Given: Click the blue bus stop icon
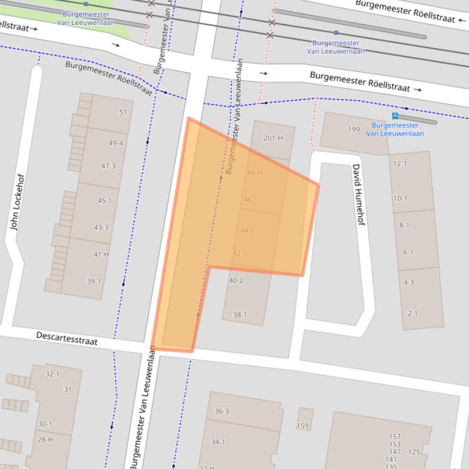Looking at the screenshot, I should pos(395,116).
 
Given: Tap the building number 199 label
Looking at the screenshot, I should pos(354,129).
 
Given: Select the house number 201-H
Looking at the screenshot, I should pos(273,138).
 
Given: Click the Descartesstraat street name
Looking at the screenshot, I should pos(66,338).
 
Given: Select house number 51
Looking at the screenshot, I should pos(123,112).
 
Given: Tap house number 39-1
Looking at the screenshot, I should pos(93,281).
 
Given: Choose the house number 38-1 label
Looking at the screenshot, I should pos(240,315).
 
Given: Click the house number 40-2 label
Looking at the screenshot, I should pos(236,280).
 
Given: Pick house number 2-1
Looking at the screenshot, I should pos(413,313).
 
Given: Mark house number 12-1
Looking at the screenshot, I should pos(400,163).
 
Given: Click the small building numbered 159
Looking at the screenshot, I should pos(303,426).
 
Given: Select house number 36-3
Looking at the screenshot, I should pos(221,411).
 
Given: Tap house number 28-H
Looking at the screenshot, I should pos(45,440).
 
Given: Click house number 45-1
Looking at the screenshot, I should pos(104,200).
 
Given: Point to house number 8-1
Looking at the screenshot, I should pos(404,225).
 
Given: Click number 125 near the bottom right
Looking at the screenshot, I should pos(414,452).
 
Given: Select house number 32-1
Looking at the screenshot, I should pos(52,374).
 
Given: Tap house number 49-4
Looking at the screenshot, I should pos(116,143).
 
